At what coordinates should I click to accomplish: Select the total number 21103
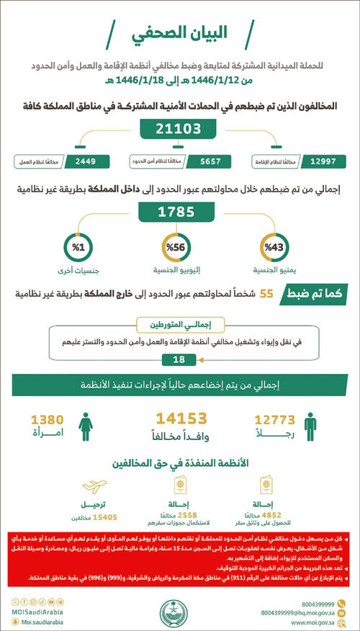click(179, 129)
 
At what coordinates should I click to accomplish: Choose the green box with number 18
click(179, 360)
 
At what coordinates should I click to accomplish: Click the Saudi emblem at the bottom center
click(180, 614)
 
